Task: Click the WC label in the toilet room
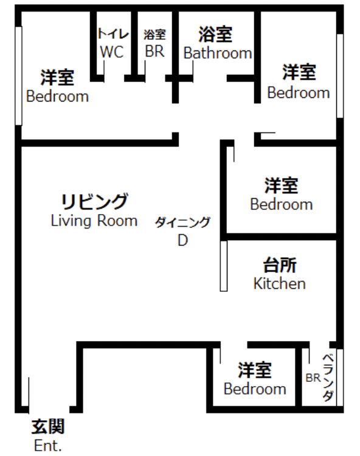(x=112, y=52)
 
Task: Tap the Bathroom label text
(x=218, y=53)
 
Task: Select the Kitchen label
(x=280, y=283)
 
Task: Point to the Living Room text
(x=94, y=221)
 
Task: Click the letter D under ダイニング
(x=183, y=240)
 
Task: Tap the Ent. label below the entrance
(x=47, y=445)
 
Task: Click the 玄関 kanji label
(x=48, y=427)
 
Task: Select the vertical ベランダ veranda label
(x=328, y=378)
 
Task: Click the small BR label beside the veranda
(x=313, y=378)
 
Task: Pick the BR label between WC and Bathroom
(x=154, y=51)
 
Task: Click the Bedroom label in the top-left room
(x=58, y=96)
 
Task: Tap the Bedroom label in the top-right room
(x=299, y=92)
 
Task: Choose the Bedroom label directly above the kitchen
(x=282, y=204)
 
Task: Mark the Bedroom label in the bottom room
(x=255, y=389)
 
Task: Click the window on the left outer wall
(x=19, y=76)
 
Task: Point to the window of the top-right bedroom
(x=340, y=76)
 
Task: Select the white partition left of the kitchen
(x=224, y=266)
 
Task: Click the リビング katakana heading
(x=94, y=201)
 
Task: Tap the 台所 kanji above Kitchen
(x=280, y=265)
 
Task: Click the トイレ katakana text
(x=113, y=34)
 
